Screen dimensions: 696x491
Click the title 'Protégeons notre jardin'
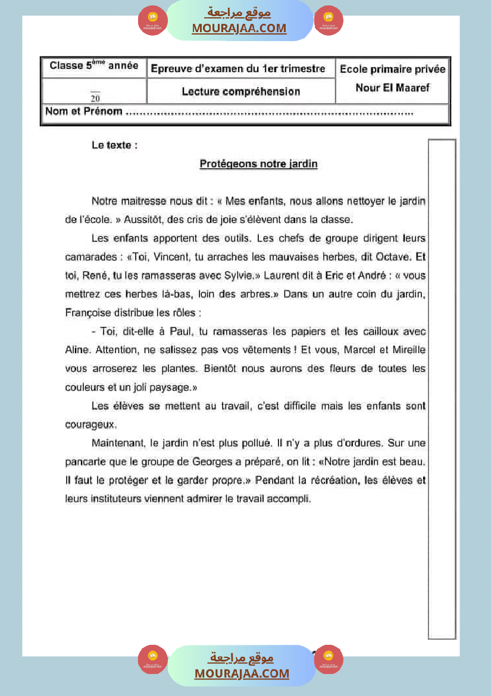coord(258,164)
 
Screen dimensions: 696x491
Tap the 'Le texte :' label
coord(114,145)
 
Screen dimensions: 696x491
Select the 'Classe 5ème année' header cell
coord(94,66)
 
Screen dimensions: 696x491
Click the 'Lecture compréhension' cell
coord(240,91)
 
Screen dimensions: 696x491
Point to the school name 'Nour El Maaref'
coord(392,88)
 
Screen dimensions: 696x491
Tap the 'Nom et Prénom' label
coord(84,111)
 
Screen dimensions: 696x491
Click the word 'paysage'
coord(169,387)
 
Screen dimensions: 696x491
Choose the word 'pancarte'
coord(85,461)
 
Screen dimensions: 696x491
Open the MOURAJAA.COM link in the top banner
coord(239,28)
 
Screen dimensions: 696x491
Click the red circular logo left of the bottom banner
coord(153,659)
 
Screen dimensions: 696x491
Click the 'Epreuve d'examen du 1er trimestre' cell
coord(238,69)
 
